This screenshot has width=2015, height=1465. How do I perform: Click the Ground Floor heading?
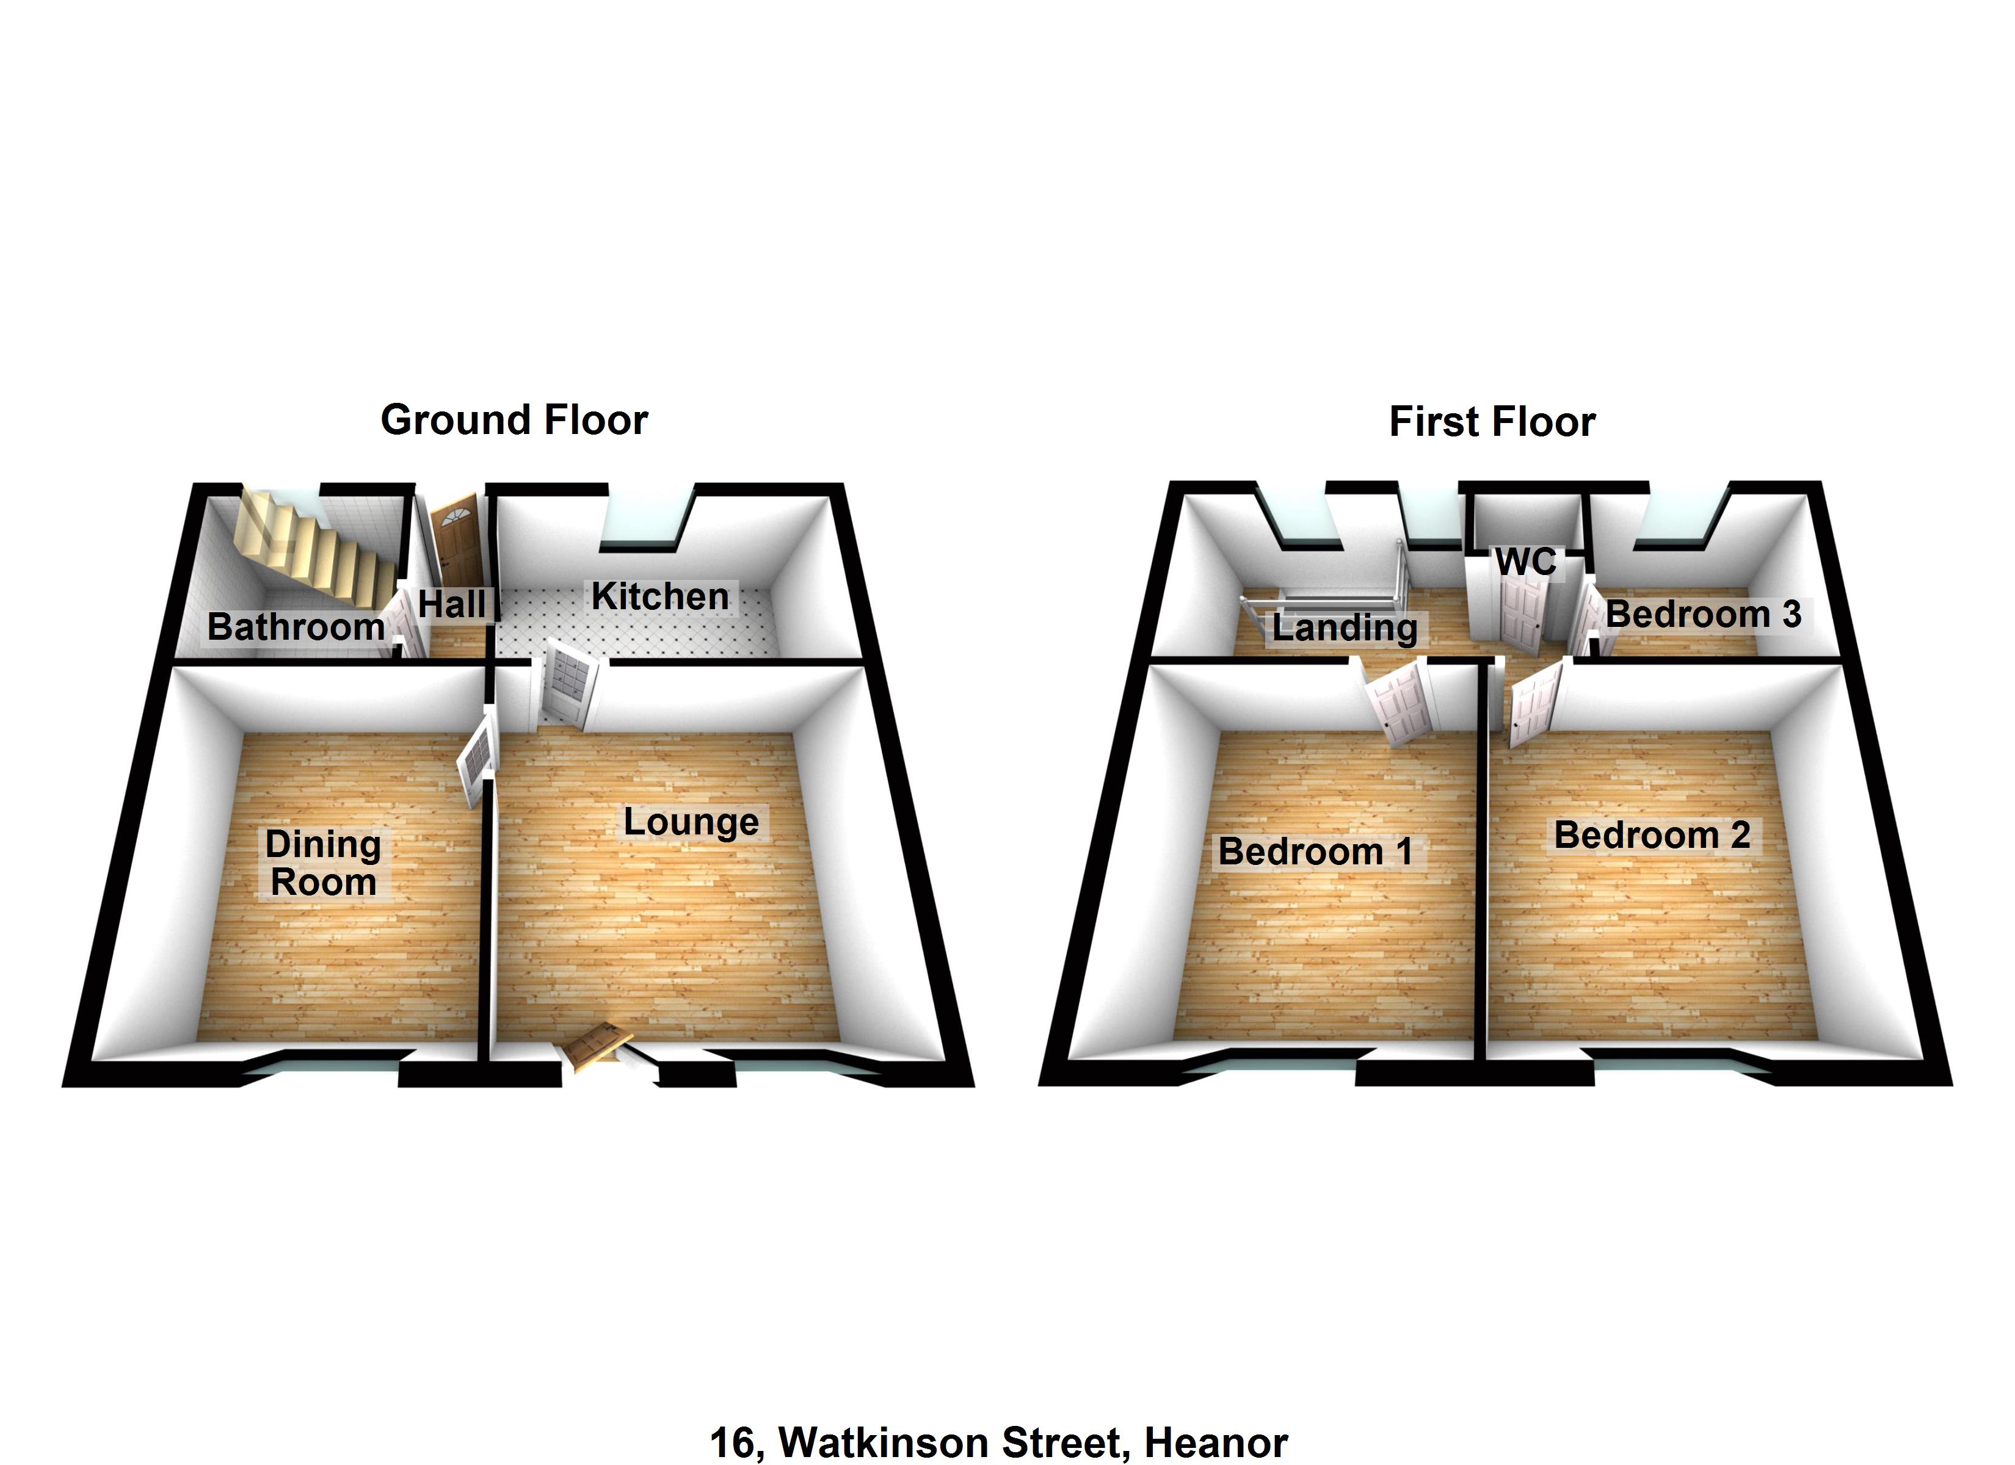514,420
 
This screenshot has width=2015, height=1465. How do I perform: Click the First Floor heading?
1492,422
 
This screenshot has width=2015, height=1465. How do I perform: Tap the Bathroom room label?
296,628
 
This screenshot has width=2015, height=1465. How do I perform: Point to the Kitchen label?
660,597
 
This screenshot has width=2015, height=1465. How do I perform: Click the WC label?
1525,562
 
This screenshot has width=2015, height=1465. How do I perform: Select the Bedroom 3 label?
1703,615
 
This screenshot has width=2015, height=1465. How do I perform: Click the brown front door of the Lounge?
596,1043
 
